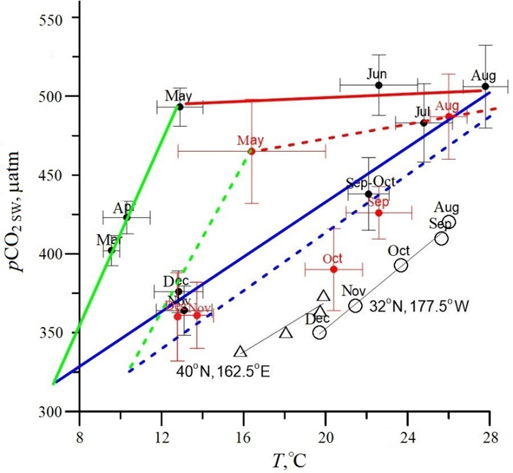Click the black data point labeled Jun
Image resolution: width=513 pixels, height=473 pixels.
click(379, 85)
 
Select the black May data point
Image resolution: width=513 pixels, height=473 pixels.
click(180, 106)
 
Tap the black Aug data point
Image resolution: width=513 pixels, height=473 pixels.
click(485, 86)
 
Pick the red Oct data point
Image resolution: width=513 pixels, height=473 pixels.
click(333, 269)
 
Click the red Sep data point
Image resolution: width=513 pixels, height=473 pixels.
click(379, 213)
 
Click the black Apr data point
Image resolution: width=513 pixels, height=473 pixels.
click(127, 217)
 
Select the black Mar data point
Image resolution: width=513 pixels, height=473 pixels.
click(111, 250)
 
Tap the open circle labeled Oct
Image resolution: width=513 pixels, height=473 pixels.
click(401, 265)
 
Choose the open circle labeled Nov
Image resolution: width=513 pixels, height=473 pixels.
click(355, 306)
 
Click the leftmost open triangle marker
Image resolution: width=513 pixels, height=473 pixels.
click(240, 351)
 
